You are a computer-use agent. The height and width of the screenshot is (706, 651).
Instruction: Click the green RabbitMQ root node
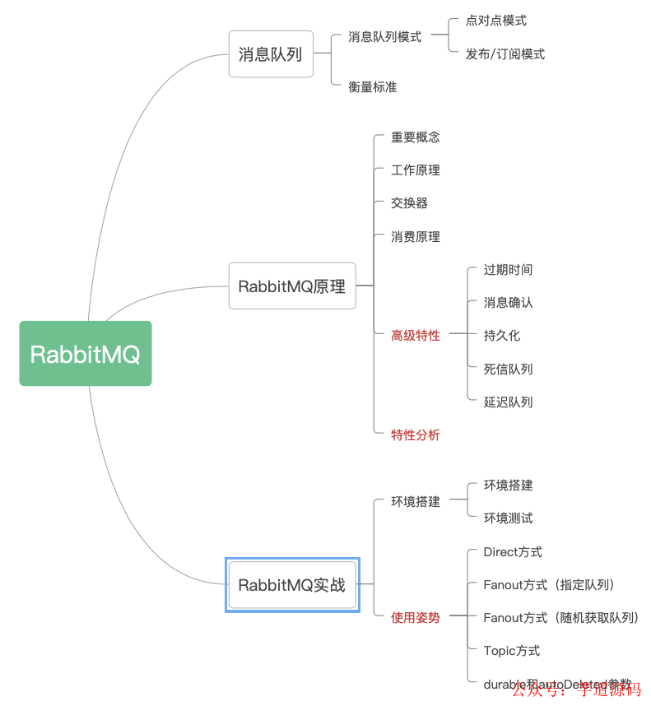[86, 354]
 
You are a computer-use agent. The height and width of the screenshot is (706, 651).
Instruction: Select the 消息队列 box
[271, 54]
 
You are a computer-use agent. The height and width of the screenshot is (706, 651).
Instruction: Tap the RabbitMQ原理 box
[292, 286]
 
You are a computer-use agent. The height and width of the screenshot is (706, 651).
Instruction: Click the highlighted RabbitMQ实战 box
[292, 585]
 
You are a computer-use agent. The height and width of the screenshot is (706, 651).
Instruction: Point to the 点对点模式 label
[495, 21]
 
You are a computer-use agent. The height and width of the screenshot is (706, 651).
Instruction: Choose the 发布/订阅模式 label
[505, 54]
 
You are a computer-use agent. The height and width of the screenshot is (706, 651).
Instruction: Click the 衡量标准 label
[372, 86]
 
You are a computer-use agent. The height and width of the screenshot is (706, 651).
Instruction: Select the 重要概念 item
[416, 137]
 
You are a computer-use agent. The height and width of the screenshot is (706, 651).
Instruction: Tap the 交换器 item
[409, 203]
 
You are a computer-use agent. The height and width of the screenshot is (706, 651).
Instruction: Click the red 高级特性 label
[416, 336]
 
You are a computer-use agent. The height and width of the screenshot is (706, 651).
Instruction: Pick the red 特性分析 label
[416, 435]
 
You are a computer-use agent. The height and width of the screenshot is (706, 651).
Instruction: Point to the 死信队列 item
[508, 369]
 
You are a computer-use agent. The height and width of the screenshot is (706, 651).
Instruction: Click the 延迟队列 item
[508, 402]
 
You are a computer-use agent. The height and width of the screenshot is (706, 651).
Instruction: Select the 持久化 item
[502, 336]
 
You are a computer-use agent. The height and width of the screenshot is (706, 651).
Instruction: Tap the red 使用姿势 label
[416, 618]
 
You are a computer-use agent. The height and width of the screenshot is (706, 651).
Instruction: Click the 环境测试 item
[508, 518]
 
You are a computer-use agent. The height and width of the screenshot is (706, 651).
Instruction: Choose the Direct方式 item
[513, 552]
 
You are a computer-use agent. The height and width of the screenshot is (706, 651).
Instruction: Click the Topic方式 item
[512, 651]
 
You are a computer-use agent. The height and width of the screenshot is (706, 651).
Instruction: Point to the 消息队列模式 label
[384, 37]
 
